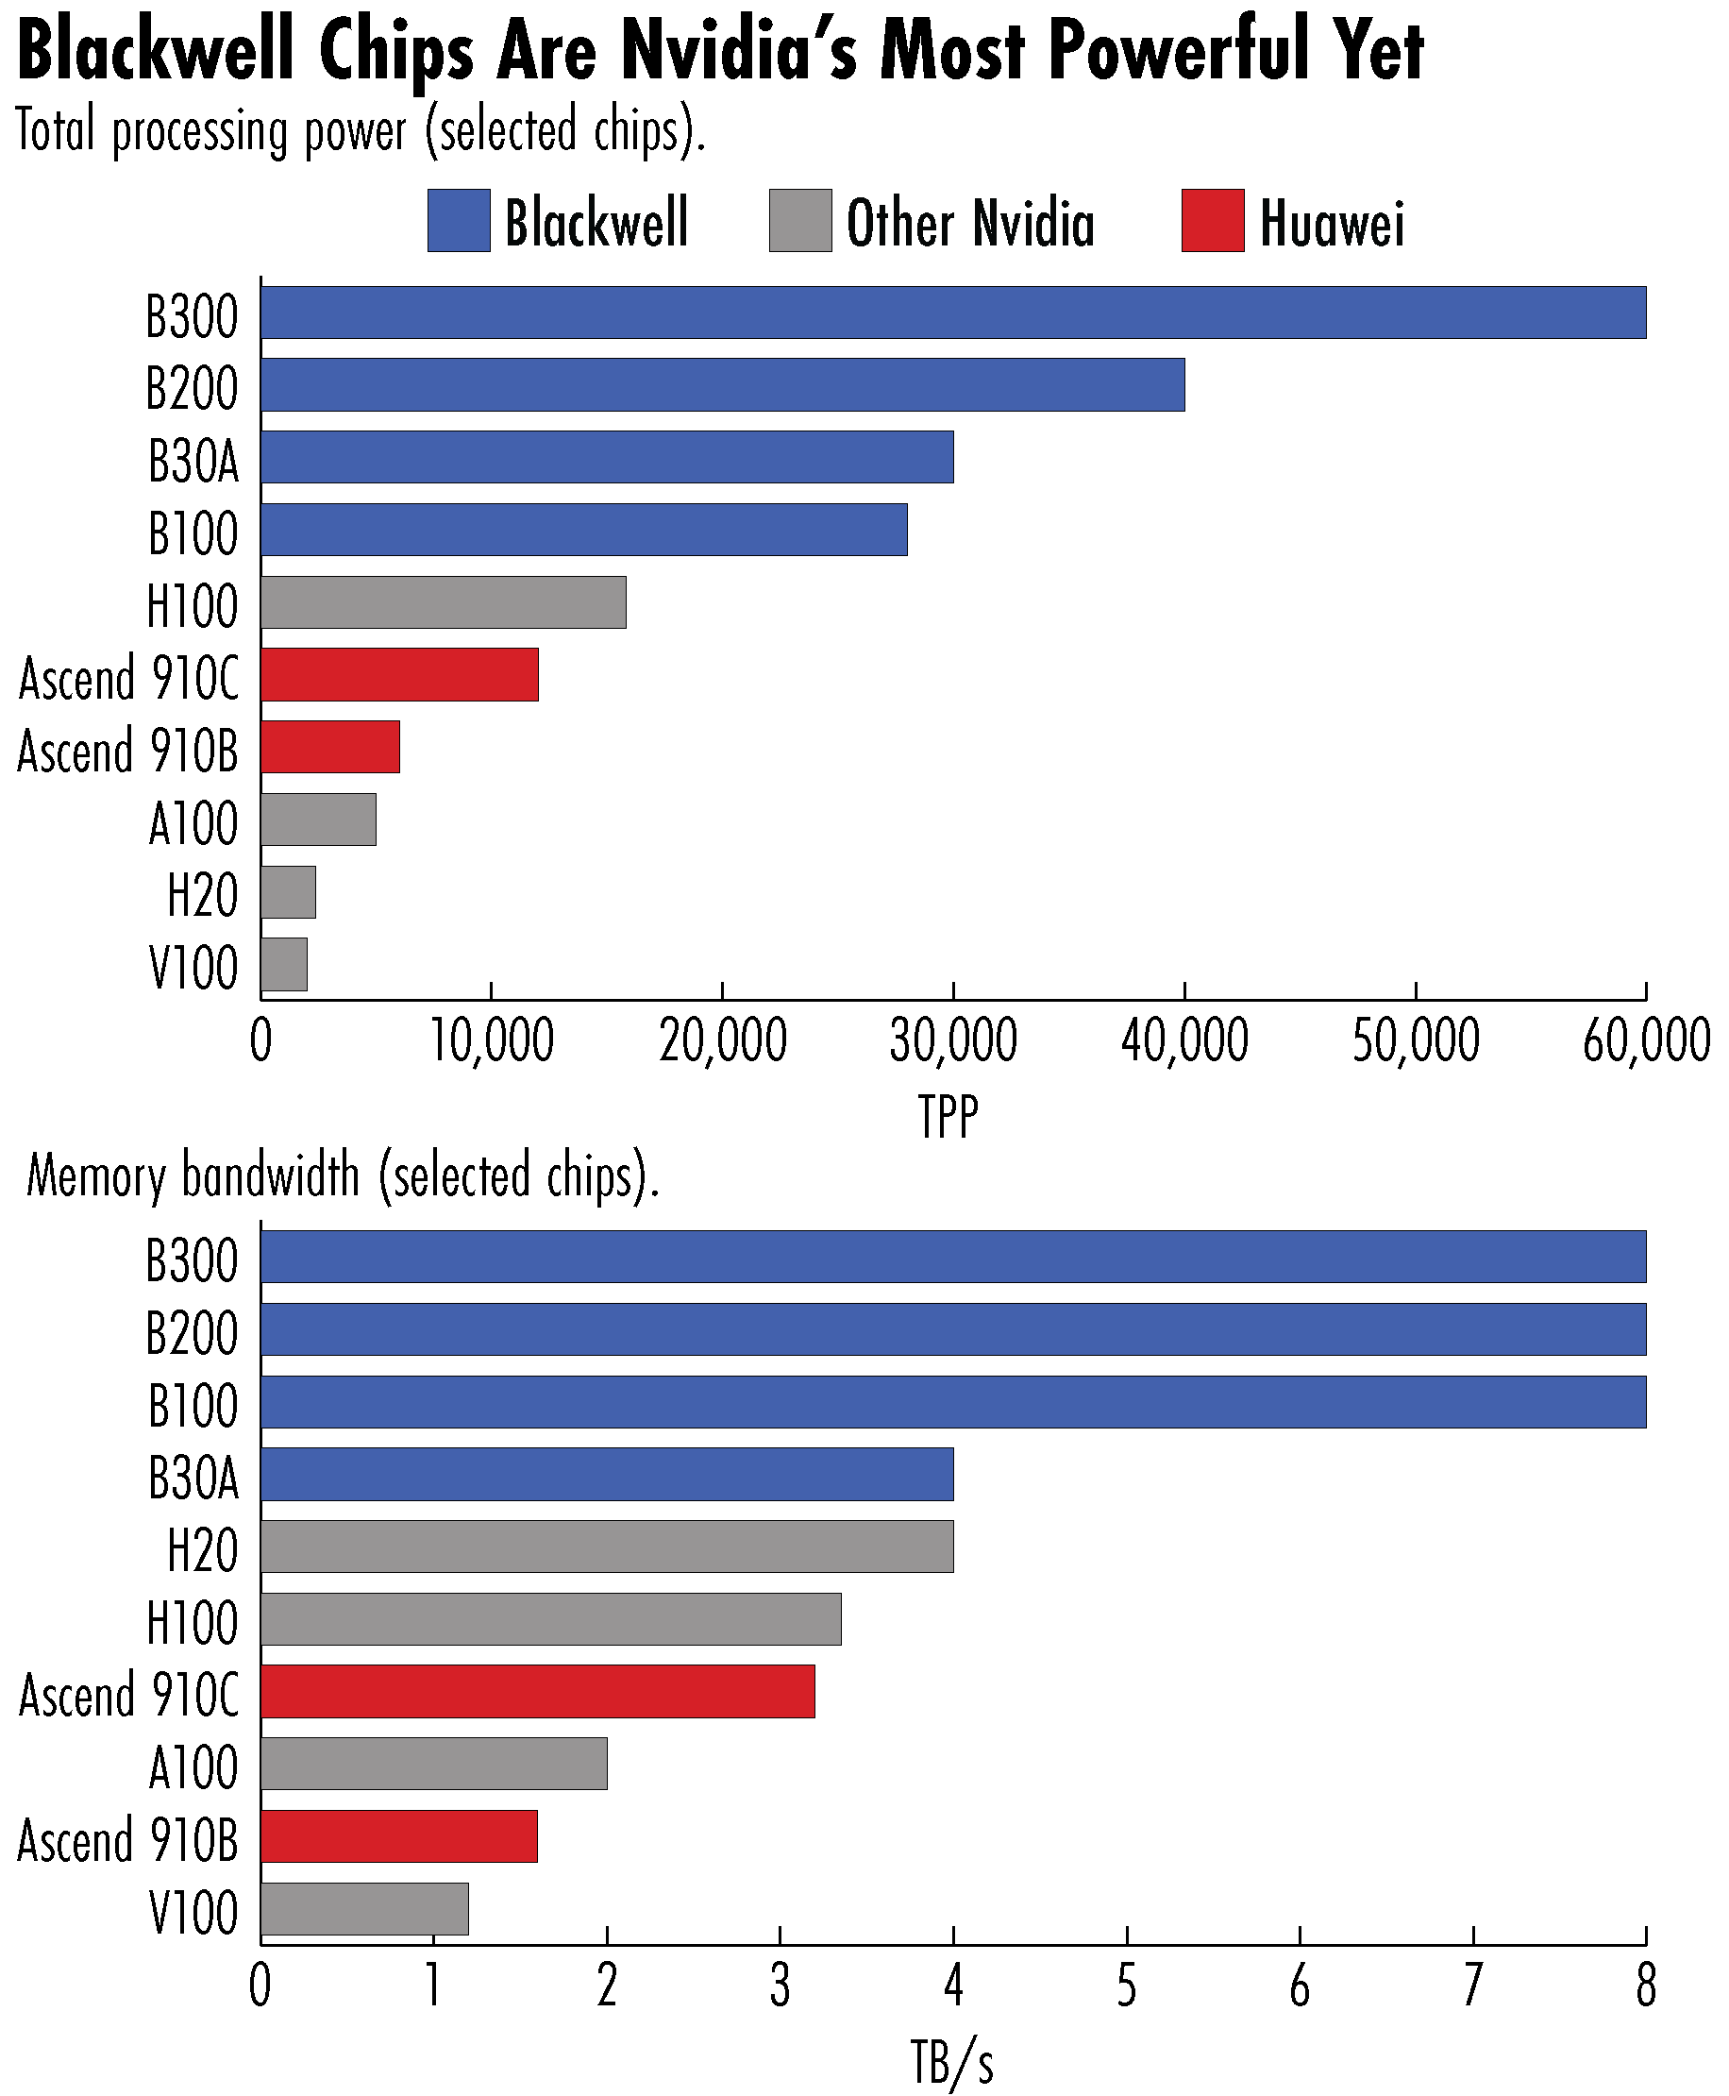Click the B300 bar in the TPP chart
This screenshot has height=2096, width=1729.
(x=953, y=313)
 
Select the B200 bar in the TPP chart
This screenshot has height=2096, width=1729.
(x=723, y=384)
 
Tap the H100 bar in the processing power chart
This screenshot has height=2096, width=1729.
(x=444, y=601)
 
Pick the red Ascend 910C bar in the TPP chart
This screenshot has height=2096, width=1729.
(x=399, y=674)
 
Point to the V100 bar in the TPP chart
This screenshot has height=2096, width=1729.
(x=284, y=964)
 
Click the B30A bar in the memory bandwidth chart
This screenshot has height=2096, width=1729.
(x=607, y=1475)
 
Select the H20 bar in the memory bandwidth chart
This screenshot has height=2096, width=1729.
(x=607, y=1547)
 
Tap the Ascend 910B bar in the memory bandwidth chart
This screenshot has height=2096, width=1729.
(x=398, y=1836)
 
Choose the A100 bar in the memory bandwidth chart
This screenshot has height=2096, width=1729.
(x=433, y=1764)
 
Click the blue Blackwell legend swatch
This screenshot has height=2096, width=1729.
(x=458, y=220)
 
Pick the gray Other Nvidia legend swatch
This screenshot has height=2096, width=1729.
(x=799, y=220)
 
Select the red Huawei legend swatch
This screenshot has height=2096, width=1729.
(x=1212, y=220)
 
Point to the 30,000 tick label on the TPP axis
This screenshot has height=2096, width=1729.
(x=953, y=1041)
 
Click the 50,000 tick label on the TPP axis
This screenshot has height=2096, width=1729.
(x=1416, y=1041)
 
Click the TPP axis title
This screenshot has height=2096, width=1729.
(x=948, y=1116)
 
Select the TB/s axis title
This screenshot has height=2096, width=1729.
(x=952, y=2060)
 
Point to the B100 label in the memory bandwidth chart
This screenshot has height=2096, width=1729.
(x=193, y=1405)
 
